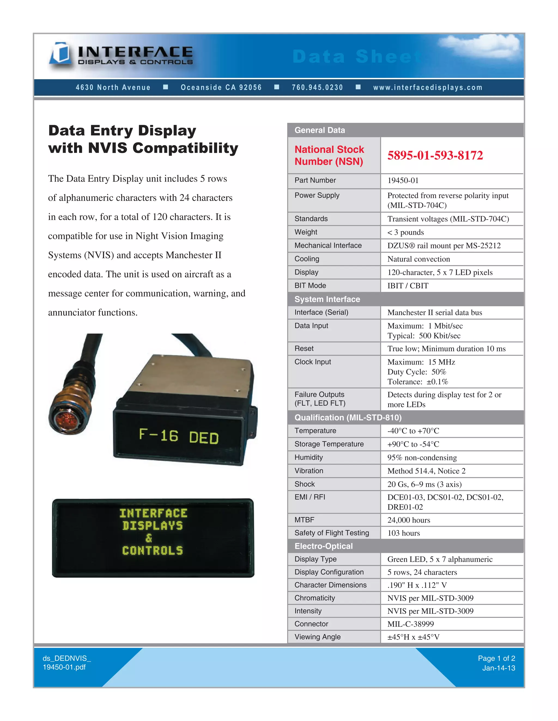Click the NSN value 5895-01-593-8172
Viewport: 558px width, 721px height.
(435, 155)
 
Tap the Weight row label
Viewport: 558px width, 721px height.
(306, 232)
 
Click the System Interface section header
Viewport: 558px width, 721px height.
(327, 299)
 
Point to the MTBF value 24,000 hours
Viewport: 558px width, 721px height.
(409, 520)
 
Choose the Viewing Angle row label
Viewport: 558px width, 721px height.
(317, 637)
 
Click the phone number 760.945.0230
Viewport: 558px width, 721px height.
(317, 88)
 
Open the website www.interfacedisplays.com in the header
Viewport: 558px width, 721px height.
(428, 88)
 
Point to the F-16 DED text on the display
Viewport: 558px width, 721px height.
(179, 436)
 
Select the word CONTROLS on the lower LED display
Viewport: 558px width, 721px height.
(152, 550)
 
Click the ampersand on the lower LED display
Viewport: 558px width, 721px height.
(149, 538)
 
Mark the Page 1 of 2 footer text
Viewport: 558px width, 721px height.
(496, 658)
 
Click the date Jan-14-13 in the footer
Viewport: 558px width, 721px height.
(499, 668)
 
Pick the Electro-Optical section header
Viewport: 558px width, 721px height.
(323, 546)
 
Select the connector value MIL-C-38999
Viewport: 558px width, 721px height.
(411, 624)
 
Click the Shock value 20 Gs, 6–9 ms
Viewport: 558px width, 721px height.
(424, 484)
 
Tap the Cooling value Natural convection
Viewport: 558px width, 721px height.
(418, 259)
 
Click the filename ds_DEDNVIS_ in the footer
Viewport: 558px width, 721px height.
(67, 658)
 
